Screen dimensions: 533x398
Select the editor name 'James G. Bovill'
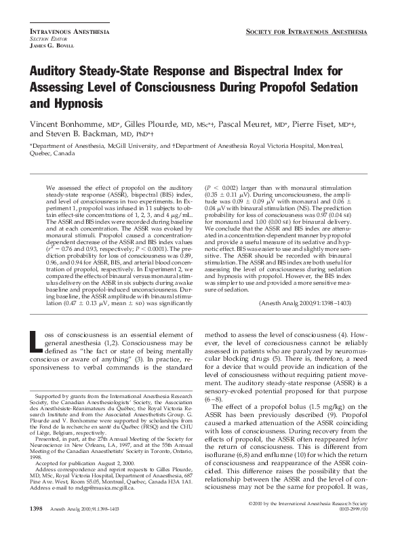tap(47, 45)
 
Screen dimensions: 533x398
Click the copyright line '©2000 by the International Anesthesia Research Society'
tap(308, 504)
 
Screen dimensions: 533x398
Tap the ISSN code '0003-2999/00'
tap(351, 510)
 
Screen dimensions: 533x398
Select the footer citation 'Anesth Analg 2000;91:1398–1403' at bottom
tap(92, 508)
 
